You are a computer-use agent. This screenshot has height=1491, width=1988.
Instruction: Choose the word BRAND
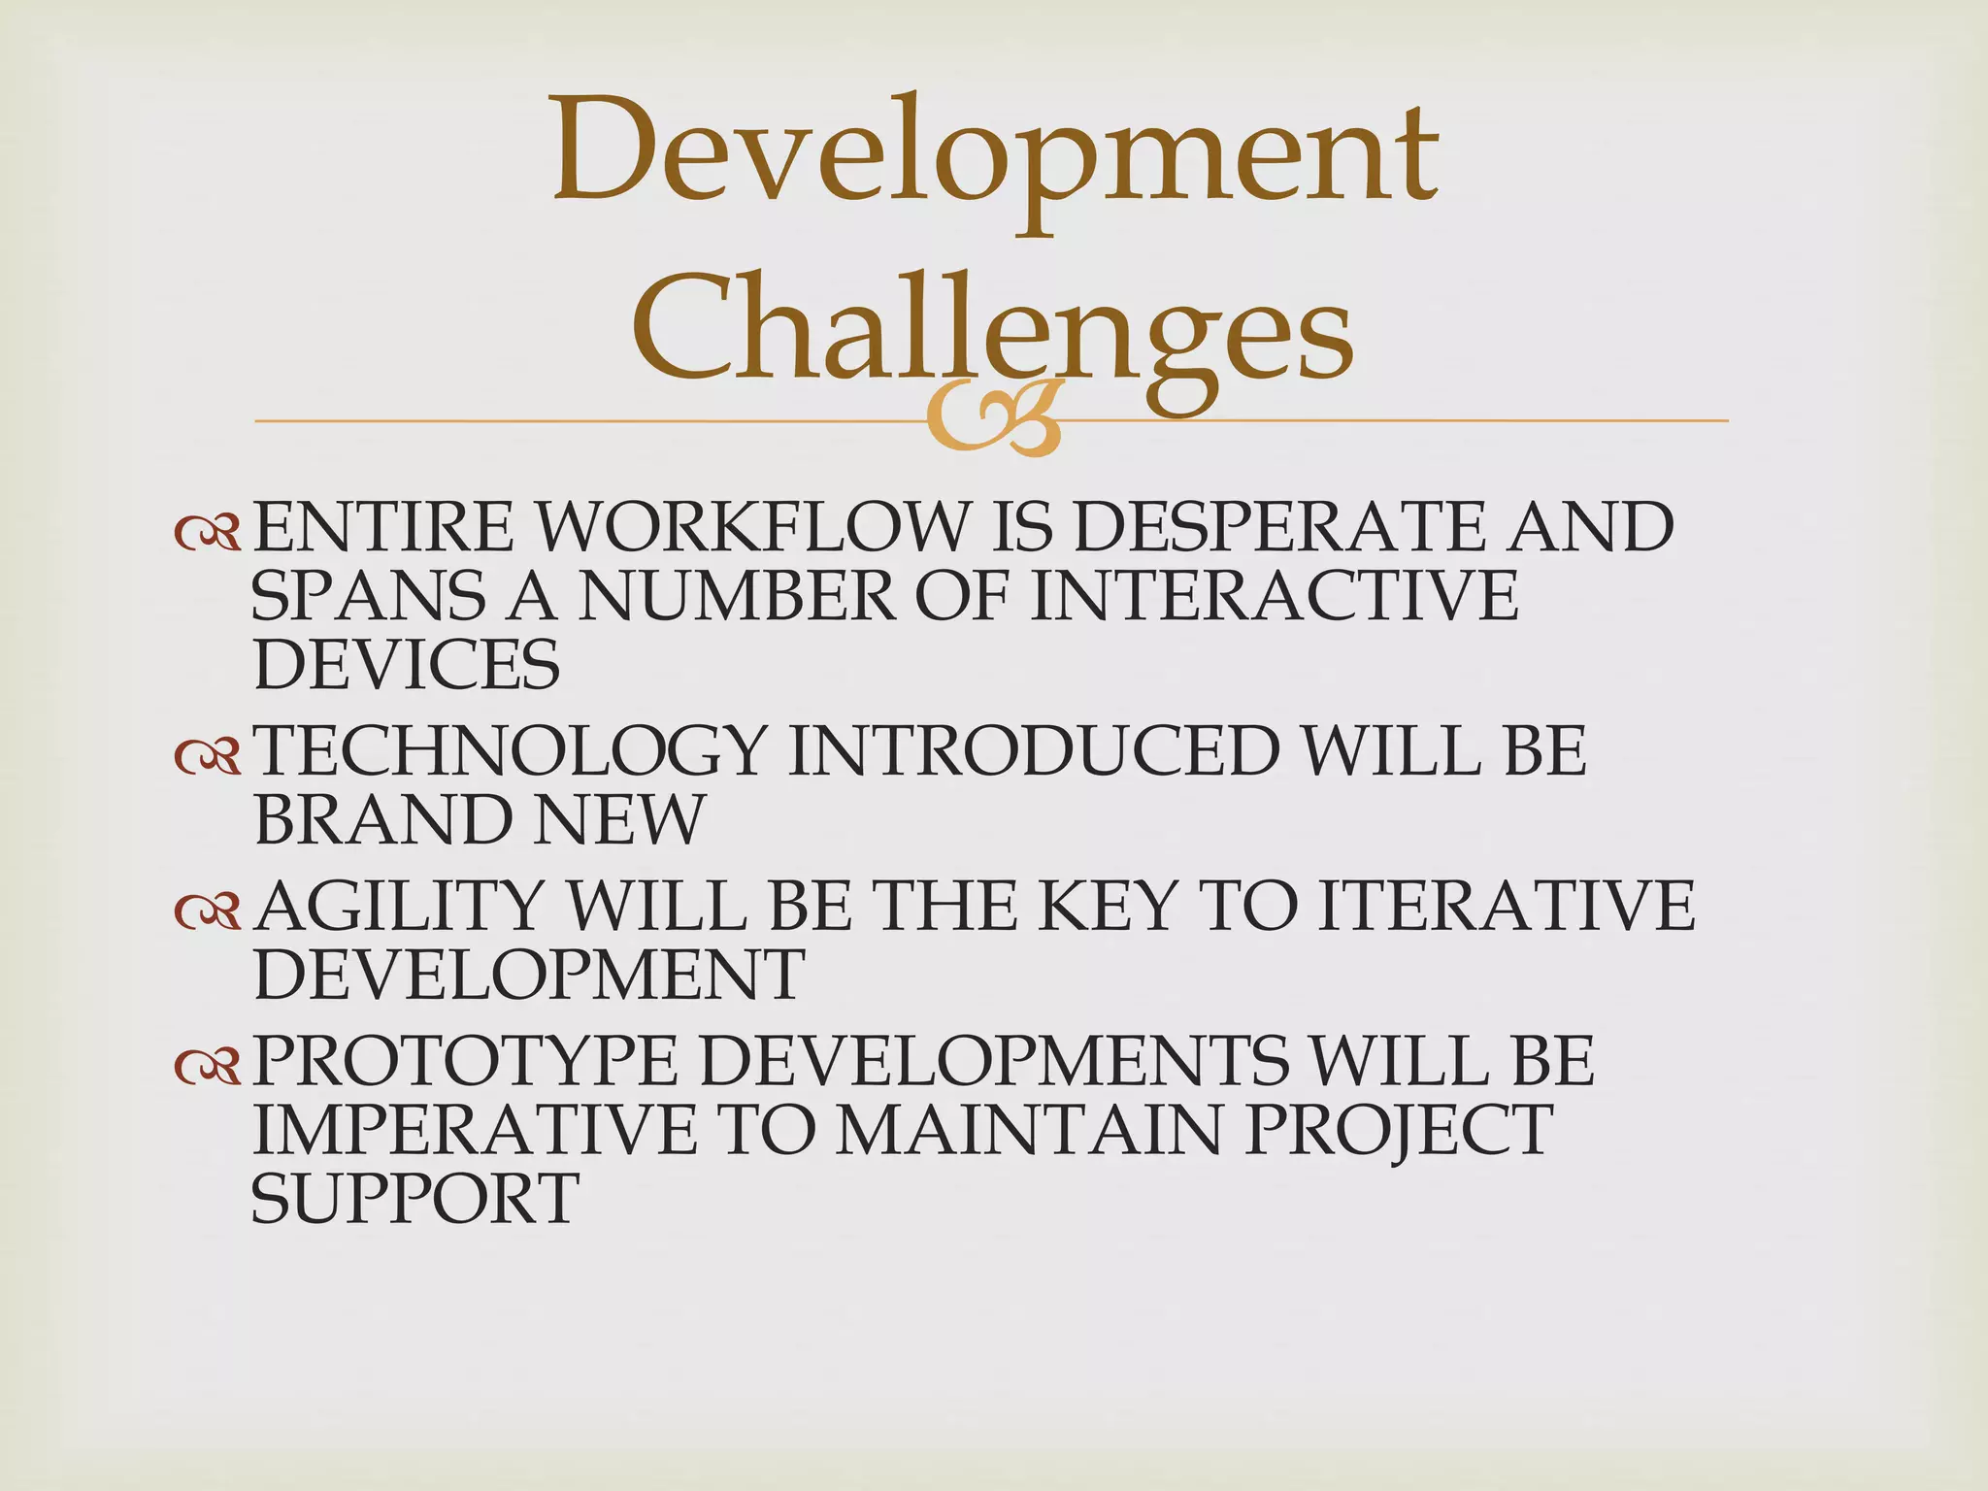[x=381, y=820]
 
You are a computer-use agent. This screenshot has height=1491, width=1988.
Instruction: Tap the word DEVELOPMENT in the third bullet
[x=529, y=975]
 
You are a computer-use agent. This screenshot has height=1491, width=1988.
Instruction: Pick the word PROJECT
[x=1397, y=1130]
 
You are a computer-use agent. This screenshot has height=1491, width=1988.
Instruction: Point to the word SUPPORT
[x=415, y=1199]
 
